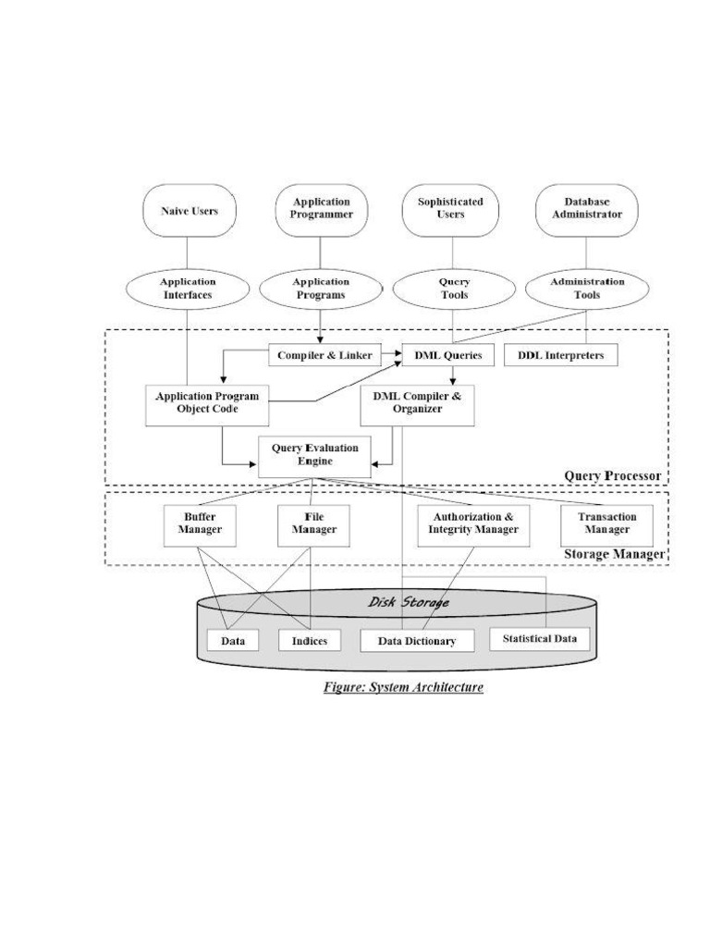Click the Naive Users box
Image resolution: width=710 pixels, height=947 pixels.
[x=189, y=210]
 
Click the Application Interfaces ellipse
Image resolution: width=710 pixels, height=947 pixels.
[x=188, y=289]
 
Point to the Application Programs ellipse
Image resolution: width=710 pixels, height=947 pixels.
[x=321, y=289]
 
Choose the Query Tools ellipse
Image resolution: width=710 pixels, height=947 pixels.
[x=453, y=289]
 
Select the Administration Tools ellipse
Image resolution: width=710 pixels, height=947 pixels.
[x=587, y=289]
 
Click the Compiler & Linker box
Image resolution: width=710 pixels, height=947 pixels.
[x=325, y=355]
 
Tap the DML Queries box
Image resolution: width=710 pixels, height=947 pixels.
[x=448, y=355]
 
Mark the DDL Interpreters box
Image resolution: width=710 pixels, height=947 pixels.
[x=561, y=355]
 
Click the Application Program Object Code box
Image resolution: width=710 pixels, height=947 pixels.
[x=207, y=402]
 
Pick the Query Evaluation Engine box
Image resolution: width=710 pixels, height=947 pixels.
[x=314, y=455]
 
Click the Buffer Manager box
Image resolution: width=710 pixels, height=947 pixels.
[x=200, y=524]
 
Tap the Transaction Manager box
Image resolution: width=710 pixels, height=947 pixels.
[x=606, y=524]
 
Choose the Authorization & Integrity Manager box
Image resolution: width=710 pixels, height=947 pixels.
[x=472, y=524]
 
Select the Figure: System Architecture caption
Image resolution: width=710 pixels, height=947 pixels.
[x=403, y=688]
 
